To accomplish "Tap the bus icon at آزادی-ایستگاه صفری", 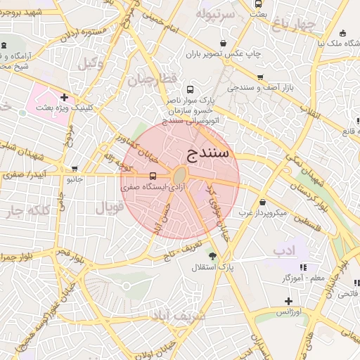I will click(x=153, y=176).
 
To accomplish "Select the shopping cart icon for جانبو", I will click(x=75, y=169).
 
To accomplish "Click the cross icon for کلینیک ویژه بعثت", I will click(x=64, y=98).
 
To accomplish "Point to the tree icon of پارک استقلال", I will click(x=212, y=257).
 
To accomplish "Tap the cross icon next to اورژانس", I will click(x=288, y=300).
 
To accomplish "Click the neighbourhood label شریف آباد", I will click(x=179, y=316).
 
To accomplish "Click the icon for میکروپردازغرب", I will click(x=263, y=202).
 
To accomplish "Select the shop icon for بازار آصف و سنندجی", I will click(x=260, y=77).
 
